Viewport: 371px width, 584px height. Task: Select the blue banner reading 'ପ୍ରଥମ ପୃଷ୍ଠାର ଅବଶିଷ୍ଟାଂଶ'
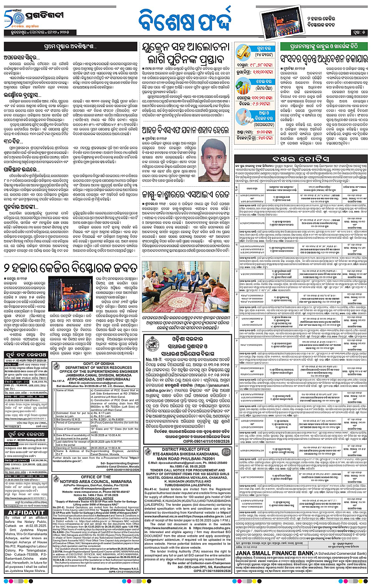[70, 46]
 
